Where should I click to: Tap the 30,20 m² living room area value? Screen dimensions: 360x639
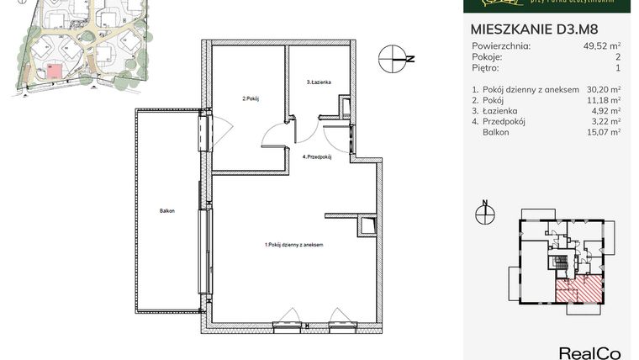(604, 88)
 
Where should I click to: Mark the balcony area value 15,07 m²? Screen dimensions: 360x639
(604, 132)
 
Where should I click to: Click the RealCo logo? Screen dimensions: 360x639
(589, 352)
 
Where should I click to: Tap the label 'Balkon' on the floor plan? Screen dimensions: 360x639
(166, 210)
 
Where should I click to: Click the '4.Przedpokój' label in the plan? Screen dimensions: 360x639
(318, 156)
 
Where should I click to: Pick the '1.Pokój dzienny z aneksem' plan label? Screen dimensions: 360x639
(293, 245)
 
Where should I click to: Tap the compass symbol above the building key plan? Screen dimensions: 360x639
(484, 214)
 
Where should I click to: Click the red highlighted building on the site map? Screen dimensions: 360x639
(54, 71)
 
